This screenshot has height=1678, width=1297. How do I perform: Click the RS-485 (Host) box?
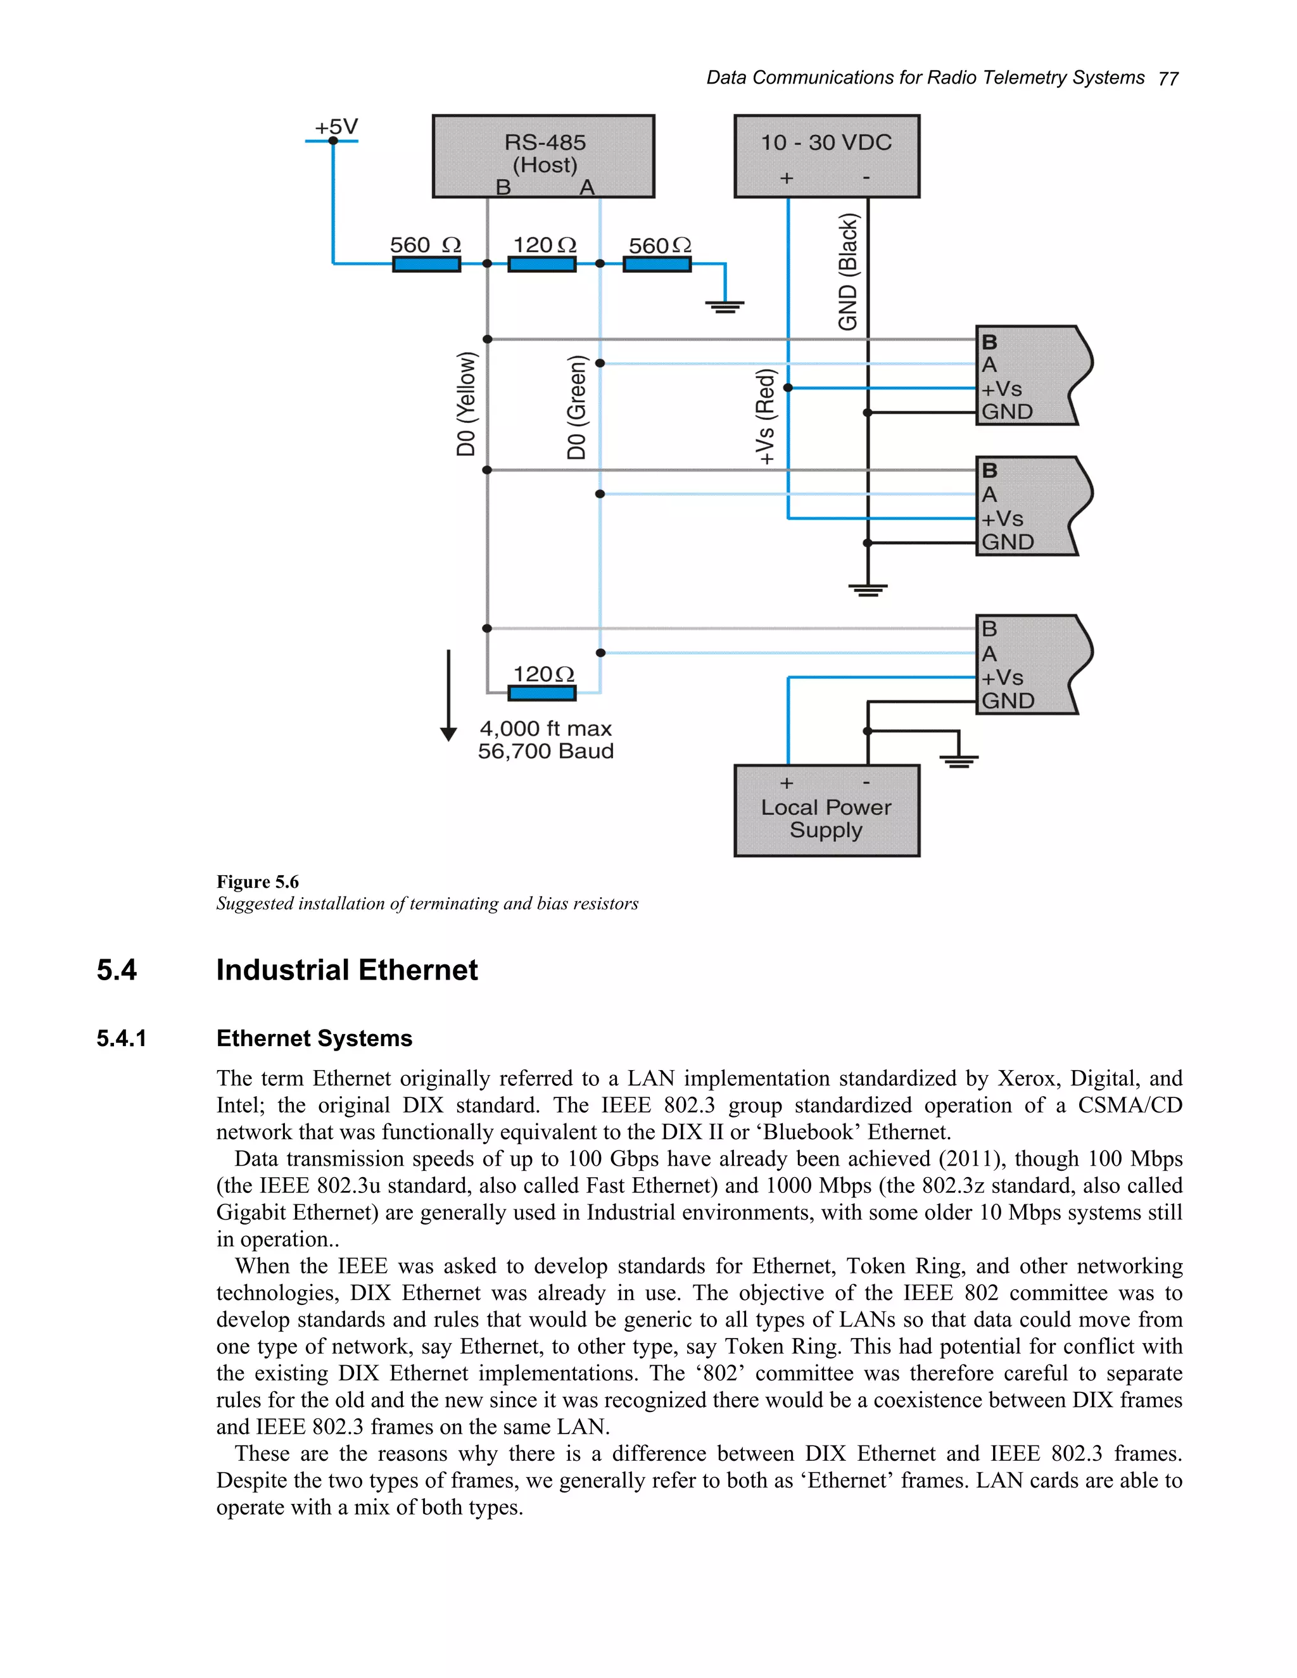(x=543, y=156)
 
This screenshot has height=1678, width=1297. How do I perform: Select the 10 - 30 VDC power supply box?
(x=826, y=156)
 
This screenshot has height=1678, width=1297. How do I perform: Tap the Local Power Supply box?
(x=826, y=811)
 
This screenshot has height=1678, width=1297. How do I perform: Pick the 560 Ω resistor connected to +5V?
(x=426, y=264)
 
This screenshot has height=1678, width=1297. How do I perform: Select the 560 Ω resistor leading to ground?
(x=657, y=264)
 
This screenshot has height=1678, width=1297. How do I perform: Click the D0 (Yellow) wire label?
(x=466, y=404)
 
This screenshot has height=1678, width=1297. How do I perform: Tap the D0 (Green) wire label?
(x=577, y=407)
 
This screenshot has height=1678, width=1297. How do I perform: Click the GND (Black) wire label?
(x=847, y=273)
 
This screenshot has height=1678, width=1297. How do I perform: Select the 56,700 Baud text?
(x=545, y=752)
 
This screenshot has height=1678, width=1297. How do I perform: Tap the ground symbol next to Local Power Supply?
(x=958, y=759)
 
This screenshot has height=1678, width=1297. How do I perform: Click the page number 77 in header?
(x=1168, y=79)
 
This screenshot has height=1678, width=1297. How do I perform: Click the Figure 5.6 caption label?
(x=257, y=882)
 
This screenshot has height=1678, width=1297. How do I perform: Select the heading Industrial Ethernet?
(x=346, y=970)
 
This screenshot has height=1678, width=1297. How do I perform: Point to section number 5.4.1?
(x=122, y=1038)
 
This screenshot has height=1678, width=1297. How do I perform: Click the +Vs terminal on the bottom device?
(x=1002, y=678)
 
